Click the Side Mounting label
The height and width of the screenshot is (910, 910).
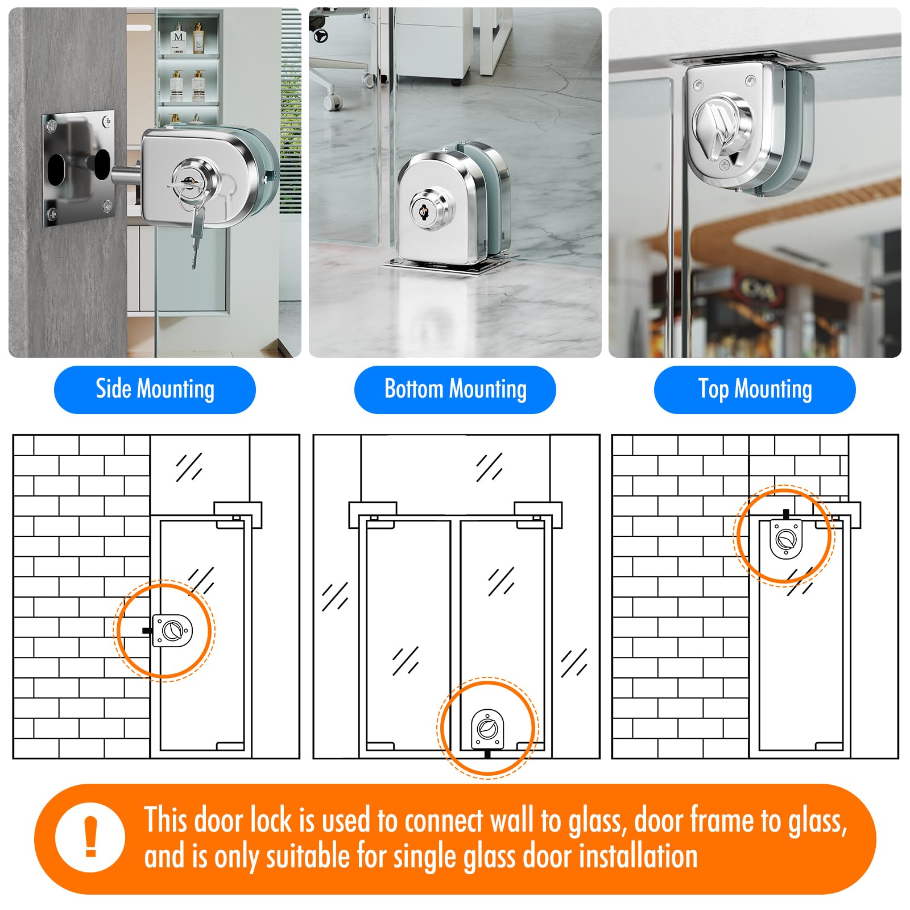(155, 390)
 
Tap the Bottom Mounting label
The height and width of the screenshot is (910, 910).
(455, 390)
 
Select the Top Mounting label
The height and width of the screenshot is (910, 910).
(755, 390)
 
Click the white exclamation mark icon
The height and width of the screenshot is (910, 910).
(90, 837)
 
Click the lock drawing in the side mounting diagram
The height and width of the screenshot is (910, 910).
(172, 630)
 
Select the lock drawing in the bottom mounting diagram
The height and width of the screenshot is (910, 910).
(487, 731)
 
